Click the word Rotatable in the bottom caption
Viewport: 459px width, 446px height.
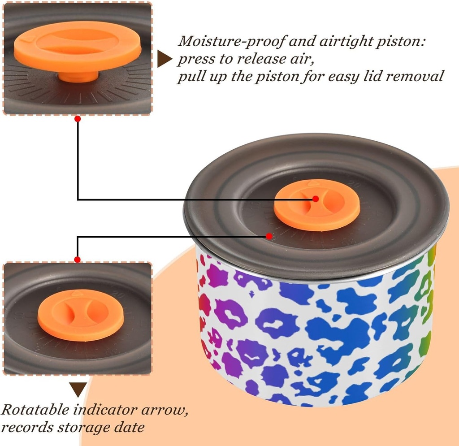(36, 410)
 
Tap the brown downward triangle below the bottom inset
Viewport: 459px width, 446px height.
(78, 389)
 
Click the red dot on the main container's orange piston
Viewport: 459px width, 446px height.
(316, 199)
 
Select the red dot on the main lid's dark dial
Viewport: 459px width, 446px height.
(269, 236)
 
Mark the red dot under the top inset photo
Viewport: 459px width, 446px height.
(78, 119)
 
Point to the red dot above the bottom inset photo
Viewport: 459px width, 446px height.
(78, 260)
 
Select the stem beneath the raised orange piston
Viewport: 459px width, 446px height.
(78, 76)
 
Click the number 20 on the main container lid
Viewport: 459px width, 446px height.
(355, 184)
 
